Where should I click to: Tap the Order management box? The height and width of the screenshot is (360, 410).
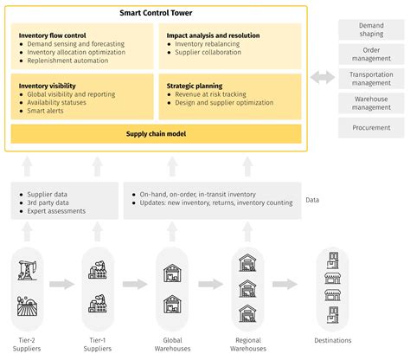[x=372, y=55]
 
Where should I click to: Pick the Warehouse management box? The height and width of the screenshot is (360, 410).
[x=372, y=104]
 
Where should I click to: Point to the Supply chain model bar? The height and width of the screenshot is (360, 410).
[x=156, y=133]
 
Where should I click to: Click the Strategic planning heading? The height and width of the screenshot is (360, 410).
[x=195, y=86]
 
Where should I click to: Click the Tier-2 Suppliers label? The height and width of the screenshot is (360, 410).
[x=30, y=344]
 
